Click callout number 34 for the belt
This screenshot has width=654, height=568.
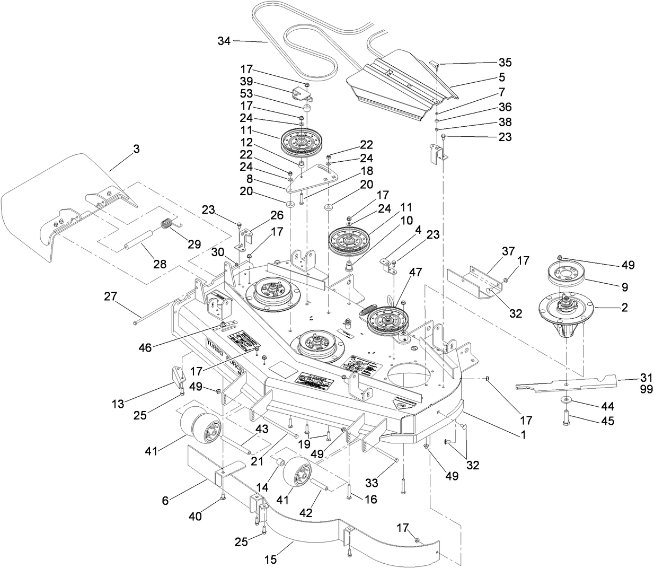tap(224, 40)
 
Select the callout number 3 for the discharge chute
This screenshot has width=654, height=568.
tap(136, 149)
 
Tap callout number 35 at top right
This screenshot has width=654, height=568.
tap(505, 62)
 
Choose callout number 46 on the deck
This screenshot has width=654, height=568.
tap(145, 347)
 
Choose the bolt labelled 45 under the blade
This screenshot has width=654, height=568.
tap(565, 417)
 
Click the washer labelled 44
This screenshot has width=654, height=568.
tap(565, 398)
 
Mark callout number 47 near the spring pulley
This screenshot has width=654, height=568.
tap(415, 272)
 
